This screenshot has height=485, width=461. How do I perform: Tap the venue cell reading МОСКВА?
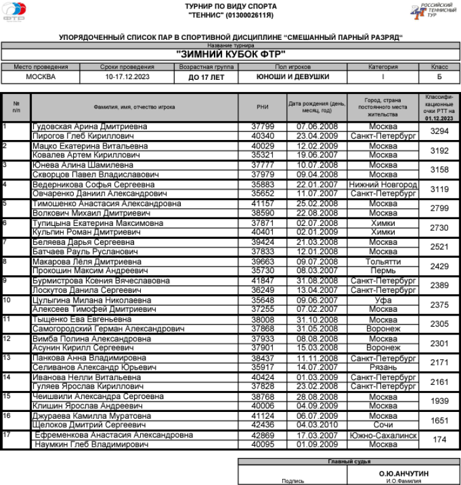[41, 77]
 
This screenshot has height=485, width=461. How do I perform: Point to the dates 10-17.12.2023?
[127, 77]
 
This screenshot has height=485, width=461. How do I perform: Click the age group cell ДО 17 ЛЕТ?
[207, 77]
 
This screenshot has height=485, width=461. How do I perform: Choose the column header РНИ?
[262, 107]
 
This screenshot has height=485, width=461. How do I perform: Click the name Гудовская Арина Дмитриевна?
[90, 126]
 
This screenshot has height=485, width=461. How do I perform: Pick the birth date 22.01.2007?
[317, 184]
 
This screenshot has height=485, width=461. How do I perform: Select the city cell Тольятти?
[383, 262]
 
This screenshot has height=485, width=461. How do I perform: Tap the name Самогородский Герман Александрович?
[108, 329]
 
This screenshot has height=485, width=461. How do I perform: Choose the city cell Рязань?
[383, 367]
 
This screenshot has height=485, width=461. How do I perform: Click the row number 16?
[7, 416]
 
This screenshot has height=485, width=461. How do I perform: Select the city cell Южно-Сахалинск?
[383, 435]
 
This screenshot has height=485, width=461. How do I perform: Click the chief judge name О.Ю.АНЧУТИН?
[404, 473]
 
